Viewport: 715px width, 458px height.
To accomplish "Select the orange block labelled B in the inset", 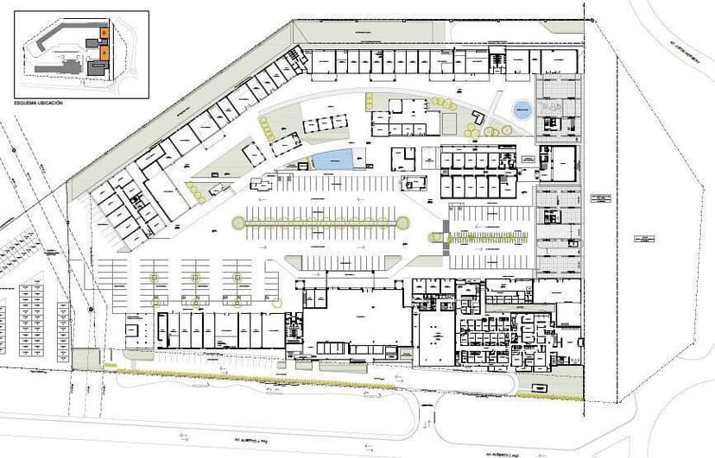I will coord(104,32).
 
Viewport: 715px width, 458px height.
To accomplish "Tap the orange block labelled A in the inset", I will coord(104,52).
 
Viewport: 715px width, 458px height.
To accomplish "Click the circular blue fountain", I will coord(522,110).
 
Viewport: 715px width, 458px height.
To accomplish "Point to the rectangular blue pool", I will coord(332,160).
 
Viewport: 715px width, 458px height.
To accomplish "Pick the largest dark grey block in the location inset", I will coord(97,67).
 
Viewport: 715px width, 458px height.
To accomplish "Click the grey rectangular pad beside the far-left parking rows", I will coord(86,357).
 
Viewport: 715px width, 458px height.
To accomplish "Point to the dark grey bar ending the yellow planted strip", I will coord(446,237).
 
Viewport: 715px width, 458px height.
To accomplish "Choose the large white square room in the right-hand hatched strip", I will coord(563,164).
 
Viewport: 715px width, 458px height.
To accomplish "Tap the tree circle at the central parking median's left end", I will coord(237,223).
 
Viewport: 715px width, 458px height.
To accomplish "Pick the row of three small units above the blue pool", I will coord(325,124).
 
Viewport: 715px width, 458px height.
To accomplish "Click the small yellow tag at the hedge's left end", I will coord(110,367).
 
